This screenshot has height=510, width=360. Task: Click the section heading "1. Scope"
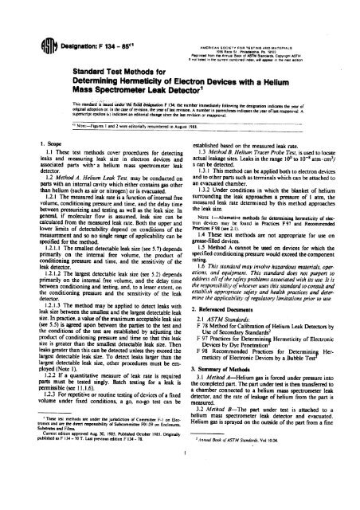[x=30, y=166]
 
